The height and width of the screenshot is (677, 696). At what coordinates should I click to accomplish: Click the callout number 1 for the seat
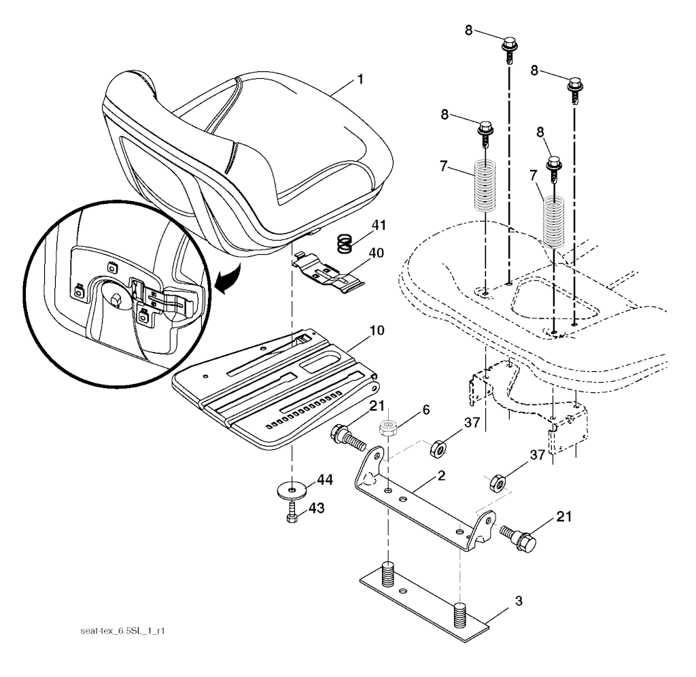[360, 80]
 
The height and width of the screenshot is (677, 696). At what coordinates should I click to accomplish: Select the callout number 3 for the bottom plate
[519, 601]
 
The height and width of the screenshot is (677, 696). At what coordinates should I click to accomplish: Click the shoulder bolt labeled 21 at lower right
[519, 537]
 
